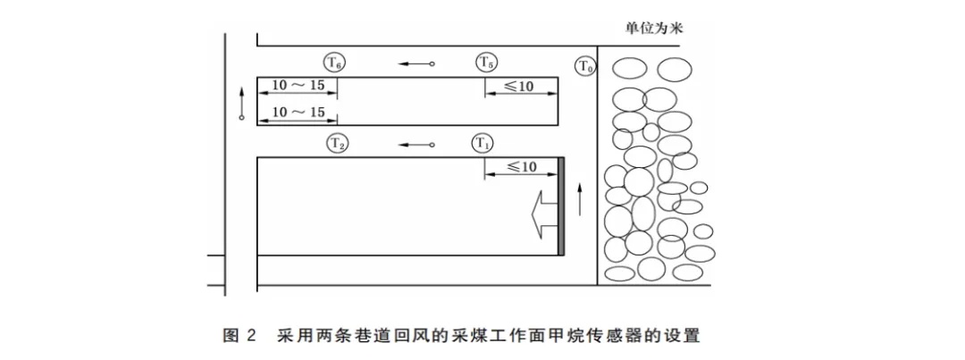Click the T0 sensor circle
585,66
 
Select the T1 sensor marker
482,143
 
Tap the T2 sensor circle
337,143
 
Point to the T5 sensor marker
486,63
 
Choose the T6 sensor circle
334,63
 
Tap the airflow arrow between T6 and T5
416,64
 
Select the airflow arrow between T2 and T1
416,144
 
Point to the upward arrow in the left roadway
241,102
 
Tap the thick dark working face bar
561,206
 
